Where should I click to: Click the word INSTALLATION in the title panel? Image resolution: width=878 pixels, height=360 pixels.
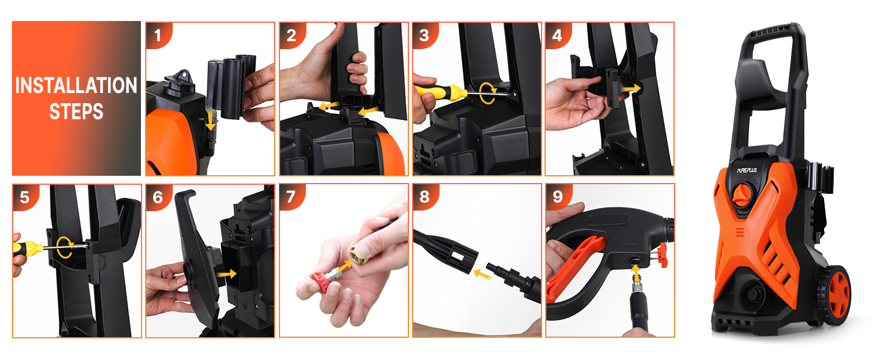click(76, 85)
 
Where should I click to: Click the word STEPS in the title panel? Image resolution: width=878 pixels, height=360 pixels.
click(76, 112)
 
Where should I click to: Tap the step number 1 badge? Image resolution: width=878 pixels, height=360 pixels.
click(158, 35)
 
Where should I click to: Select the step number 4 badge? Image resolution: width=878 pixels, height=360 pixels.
click(557, 35)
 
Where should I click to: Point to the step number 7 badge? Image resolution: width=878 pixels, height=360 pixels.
click(291, 197)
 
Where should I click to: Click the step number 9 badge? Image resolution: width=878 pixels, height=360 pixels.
click(558, 197)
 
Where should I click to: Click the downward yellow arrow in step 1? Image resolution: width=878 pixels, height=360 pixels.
click(211, 119)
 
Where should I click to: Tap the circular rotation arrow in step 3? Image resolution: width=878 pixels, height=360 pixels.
click(488, 93)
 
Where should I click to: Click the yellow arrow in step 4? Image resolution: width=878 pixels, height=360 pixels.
click(630, 89)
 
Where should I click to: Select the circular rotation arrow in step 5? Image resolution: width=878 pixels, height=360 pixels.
click(65, 247)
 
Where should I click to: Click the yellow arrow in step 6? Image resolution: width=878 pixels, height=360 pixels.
click(227, 274)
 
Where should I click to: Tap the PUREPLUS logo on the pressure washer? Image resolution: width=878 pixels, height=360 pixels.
click(747, 170)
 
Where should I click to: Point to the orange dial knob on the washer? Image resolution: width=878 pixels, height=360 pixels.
click(742, 195)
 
